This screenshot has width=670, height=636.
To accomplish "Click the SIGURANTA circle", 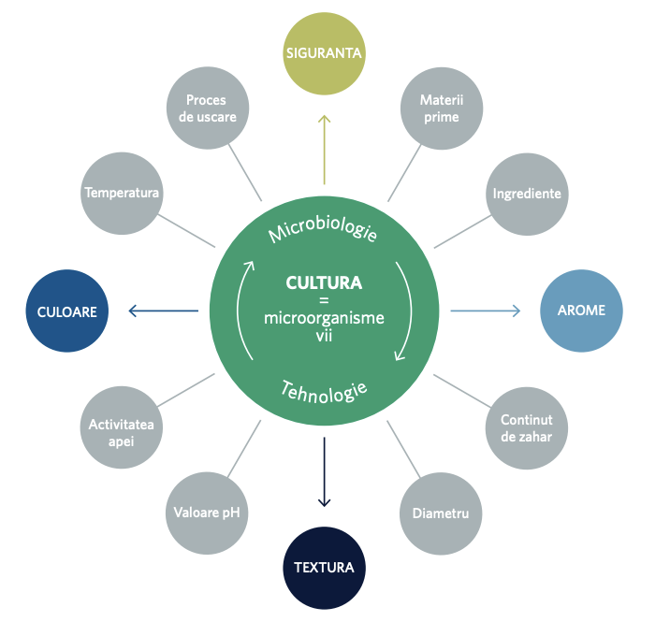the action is pos(325,53).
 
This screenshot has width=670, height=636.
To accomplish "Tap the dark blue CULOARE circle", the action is pos(67,311).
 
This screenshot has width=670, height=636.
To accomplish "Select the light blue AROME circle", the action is pos(581,311).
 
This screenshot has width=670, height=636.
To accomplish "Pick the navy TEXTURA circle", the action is pos(325,568).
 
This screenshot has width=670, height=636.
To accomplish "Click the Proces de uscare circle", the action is pos(208,108).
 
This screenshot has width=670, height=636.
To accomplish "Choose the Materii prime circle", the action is pos(442,108).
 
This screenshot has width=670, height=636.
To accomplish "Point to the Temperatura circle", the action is pos(122,194).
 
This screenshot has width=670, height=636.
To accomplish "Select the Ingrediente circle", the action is pos(527,195).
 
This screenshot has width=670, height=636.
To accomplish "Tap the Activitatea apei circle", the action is pos(122,427).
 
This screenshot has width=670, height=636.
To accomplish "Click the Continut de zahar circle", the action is pos(527,428).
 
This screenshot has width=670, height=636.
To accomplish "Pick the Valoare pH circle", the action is pos(207,513).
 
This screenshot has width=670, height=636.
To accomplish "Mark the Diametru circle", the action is pos(441,513).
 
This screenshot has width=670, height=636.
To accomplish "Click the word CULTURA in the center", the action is pos(325,282).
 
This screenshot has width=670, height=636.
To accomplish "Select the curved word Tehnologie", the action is pos(324,392).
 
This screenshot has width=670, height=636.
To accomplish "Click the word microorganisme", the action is pos(325,319).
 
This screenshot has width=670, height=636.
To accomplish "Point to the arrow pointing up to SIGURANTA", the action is pos(325,150).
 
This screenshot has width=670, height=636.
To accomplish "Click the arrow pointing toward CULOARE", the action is pos(163,311).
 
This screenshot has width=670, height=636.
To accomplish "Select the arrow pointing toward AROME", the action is pos(486,311).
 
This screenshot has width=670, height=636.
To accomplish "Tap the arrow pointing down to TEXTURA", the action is pos(325,472).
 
